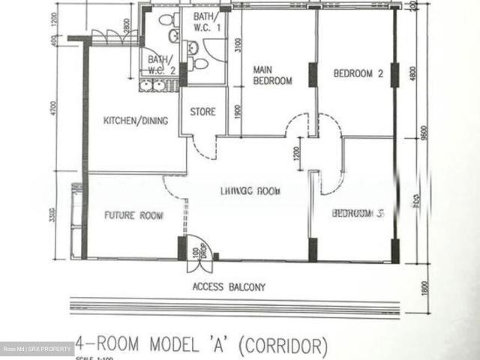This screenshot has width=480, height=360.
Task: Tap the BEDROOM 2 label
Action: point(358,74)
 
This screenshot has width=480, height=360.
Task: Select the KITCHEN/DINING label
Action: point(135,121)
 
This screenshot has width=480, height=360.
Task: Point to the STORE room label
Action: point(202,112)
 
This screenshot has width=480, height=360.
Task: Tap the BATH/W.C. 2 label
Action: point(161,65)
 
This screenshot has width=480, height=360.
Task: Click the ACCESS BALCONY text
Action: point(229,286)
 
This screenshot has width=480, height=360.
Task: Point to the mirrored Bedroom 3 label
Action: point(358,214)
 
